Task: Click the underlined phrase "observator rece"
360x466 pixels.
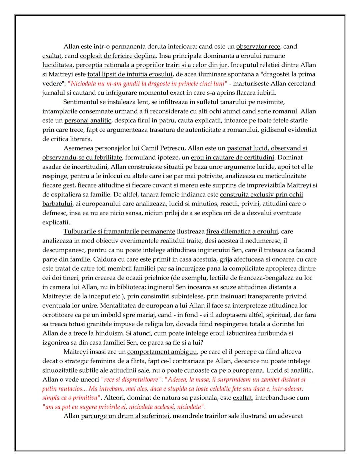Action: pyautogui.click(x=258, y=46)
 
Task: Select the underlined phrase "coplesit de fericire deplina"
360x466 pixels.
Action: pyautogui.click(x=118, y=56)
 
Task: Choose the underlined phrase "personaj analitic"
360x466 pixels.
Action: pyautogui.click(x=88, y=120)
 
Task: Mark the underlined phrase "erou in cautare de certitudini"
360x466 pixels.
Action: pyautogui.click(x=232, y=157)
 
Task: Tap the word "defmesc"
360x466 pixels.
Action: pyautogui.click(x=53, y=213)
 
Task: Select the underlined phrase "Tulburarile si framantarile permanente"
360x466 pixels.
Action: pyautogui.click(x=119, y=231)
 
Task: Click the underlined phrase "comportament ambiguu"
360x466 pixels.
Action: pyautogui.click(x=162, y=352)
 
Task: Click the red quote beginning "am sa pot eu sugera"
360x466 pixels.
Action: pyautogui.click(x=124, y=407)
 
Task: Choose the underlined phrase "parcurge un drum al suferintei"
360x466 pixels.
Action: pyautogui.click(x=125, y=416)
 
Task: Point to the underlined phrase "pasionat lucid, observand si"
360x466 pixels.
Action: pyautogui.click(x=267, y=148)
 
